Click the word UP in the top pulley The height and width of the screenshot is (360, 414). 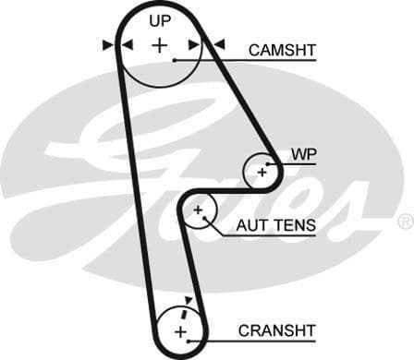(x=161, y=19)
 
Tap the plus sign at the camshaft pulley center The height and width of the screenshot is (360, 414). (x=161, y=44)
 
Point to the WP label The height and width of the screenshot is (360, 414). (x=302, y=154)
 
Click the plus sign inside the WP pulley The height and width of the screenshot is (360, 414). (x=262, y=171)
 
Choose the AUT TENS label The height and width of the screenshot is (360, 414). (x=275, y=224)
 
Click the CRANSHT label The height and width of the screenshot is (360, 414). (x=276, y=330)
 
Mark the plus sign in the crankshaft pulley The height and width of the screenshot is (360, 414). (x=180, y=330)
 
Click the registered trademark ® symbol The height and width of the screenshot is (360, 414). (x=405, y=222)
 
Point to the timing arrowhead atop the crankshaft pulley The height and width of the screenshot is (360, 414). (x=189, y=300)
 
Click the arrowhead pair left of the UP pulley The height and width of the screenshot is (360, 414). (x=116, y=44)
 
